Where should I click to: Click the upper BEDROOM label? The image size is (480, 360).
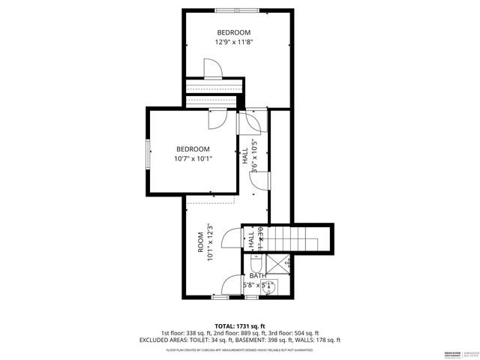(234, 32)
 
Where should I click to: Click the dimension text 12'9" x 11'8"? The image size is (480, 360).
(234, 43)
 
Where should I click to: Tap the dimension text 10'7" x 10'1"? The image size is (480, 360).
(193, 159)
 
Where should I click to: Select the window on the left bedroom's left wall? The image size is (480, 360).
(148, 152)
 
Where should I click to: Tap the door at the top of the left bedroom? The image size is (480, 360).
(218, 118)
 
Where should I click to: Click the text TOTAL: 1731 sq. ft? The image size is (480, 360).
(240, 325)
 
